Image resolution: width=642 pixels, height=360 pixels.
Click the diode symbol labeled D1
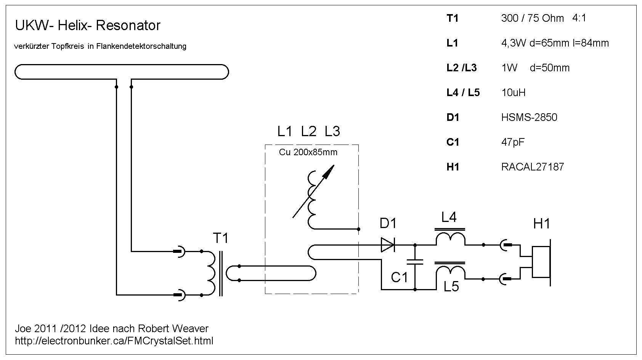click(x=388, y=245)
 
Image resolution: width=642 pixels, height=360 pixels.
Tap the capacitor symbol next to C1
click(x=415, y=262)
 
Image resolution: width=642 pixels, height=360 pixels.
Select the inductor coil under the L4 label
click(x=450, y=239)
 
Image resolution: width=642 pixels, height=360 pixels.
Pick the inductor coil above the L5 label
click(x=450, y=272)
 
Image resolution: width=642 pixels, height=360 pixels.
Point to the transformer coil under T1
click(x=211, y=273)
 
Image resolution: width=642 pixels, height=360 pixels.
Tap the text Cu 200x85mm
click(x=308, y=153)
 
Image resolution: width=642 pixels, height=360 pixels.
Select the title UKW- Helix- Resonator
click(x=88, y=26)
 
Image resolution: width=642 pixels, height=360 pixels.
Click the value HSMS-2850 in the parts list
click(x=529, y=117)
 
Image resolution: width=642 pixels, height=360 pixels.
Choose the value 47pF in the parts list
click(x=513, y=142)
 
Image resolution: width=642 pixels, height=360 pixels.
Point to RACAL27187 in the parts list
click(x=533, y=167)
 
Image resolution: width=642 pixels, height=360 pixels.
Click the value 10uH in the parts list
click(x=514, y=93)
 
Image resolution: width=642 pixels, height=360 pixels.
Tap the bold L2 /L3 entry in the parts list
click(x=462, y=68)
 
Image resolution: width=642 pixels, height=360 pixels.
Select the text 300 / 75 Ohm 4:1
click(x=544, y=18)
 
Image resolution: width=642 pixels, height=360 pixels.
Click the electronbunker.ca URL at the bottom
click(x=114, y=341)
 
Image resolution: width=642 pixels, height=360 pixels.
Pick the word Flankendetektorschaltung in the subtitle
click(x=141, y=47)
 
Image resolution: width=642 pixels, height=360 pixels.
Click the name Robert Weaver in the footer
click(x=173, y=328)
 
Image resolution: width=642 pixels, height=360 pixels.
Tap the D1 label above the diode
click(x=388, y=223)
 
